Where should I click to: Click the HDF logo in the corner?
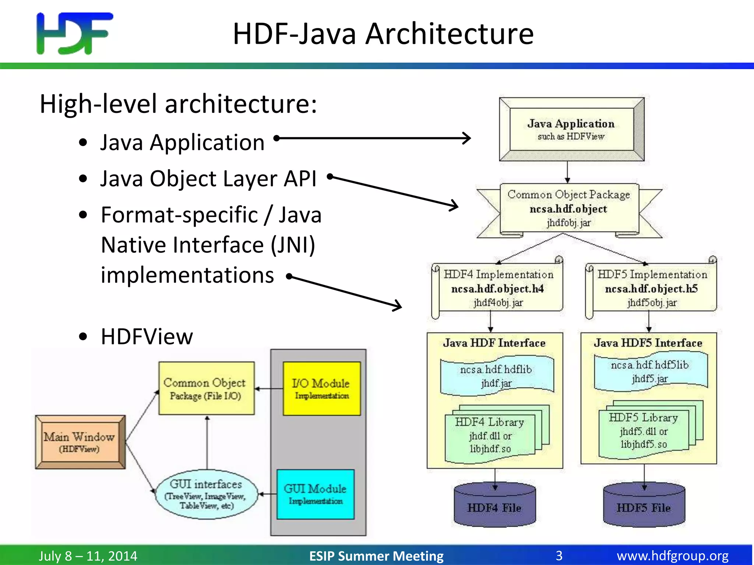[75, 33]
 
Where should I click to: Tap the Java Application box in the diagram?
[571, 129]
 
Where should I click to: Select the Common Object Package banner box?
[569, 209]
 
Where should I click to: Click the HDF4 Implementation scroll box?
[498, 288]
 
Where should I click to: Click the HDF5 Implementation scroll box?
[652, 288]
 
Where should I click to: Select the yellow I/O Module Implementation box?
[321, 389]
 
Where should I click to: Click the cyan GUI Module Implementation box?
[316, 494]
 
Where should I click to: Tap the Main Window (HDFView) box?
[80, 442]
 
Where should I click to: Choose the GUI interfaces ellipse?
[206, 494]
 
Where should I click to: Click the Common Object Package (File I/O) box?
[206, 388]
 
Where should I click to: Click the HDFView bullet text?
[147, 336]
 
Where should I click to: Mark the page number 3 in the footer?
[559, 555]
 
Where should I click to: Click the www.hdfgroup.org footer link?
[672, 555]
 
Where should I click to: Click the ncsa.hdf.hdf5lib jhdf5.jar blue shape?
[650, 372]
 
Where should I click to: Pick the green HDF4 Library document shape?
[490, 436]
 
